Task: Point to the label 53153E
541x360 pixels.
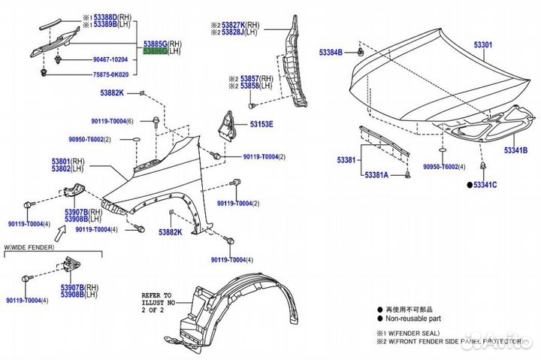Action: [x=261, y=124]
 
